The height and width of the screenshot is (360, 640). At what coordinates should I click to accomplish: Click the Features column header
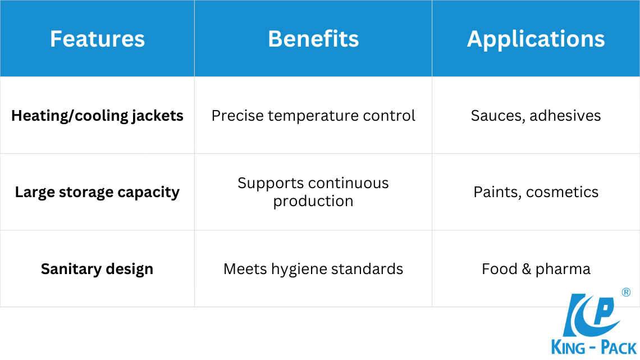(97, 39)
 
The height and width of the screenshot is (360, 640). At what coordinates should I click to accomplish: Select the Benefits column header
(313, 39)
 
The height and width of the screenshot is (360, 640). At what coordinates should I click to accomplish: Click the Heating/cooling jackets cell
(97, 116)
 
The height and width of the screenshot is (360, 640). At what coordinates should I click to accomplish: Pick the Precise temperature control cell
(313, 116)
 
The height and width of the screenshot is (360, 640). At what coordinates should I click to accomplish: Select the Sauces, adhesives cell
(536, 116)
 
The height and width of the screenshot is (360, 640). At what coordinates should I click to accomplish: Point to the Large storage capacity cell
(97, 192)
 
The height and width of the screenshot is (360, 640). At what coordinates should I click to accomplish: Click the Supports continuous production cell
(313, 192)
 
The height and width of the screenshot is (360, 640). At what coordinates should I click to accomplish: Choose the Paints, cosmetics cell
(536, 192)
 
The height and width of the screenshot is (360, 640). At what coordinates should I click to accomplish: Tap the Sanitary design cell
(97, 269)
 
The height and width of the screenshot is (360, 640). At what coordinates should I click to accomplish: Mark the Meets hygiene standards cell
(313, 269)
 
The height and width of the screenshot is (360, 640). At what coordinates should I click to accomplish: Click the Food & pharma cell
(536, 269)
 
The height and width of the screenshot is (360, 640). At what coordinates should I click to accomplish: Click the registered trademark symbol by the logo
(626, 292)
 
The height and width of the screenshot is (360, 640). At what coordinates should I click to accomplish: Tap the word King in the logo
(568, 347)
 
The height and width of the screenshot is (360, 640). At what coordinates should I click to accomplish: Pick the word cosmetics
(562, 192)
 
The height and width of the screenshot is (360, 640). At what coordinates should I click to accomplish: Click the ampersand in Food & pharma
(526, 269)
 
